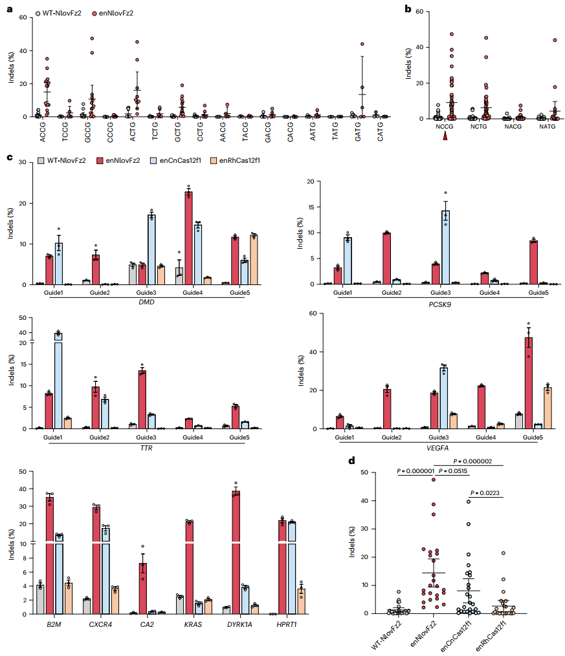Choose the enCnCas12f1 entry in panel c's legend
(177, 159)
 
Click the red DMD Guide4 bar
(188, 238)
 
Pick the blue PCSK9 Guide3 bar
(445, 247)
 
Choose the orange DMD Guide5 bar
(254, 260)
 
